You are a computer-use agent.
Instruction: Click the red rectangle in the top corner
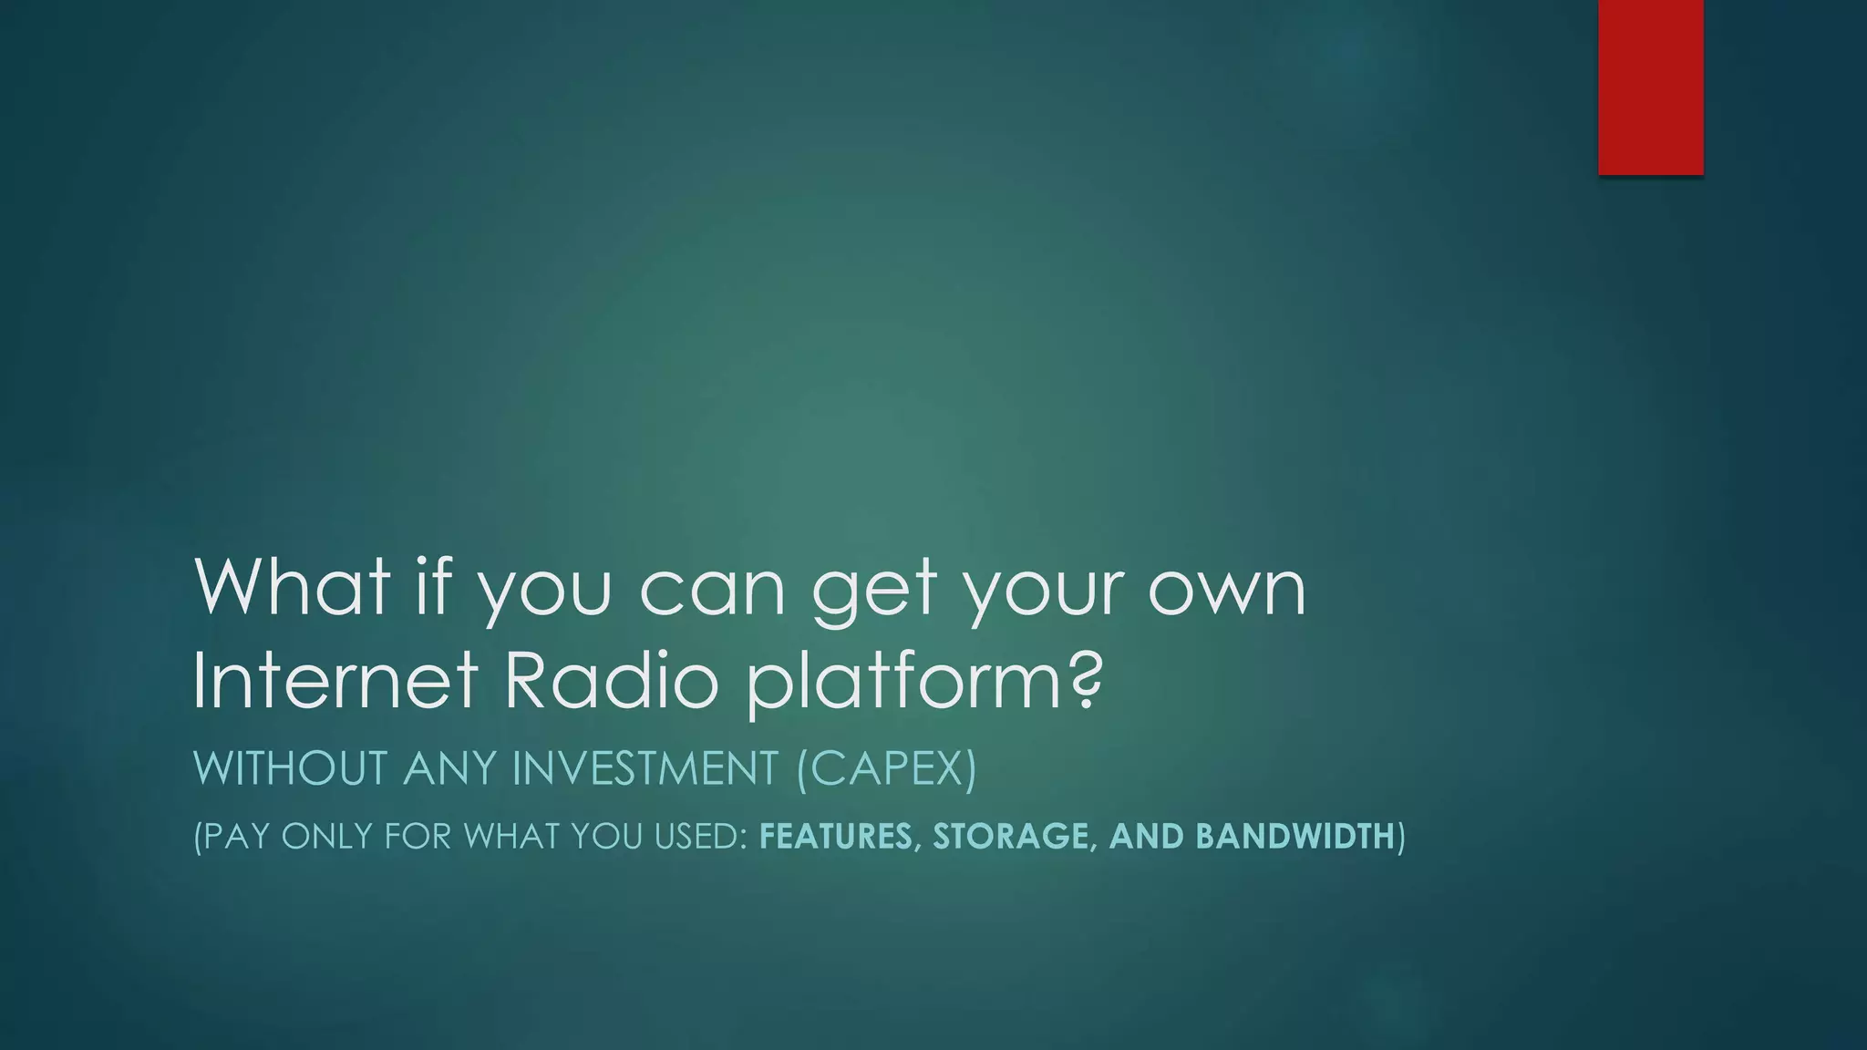(x=1650, y=87)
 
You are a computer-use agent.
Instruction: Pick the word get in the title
(x=874, y=591)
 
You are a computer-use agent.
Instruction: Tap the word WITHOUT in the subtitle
(x=291, y=767)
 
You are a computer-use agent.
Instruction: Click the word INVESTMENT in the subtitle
(x=645, y=767)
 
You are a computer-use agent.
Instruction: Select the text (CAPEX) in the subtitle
(x=886, y=767)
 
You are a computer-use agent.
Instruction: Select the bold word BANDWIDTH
(x=1295, y=836)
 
